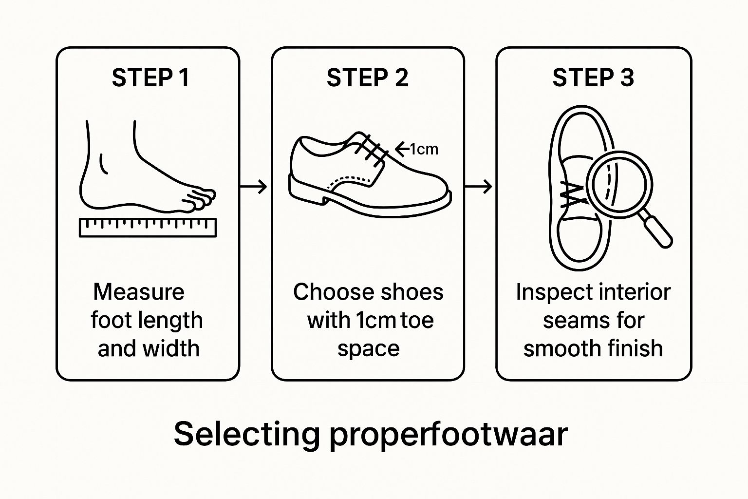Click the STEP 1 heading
point(150,78)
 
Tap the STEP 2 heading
point(367,78)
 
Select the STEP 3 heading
point(593,78)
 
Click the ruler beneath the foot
point(148,228)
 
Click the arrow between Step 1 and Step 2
point(254,186)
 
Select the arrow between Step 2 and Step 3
point(478,186)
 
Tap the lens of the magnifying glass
point(619,184)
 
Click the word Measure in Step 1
point(139,292)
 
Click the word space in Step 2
point(368,349)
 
